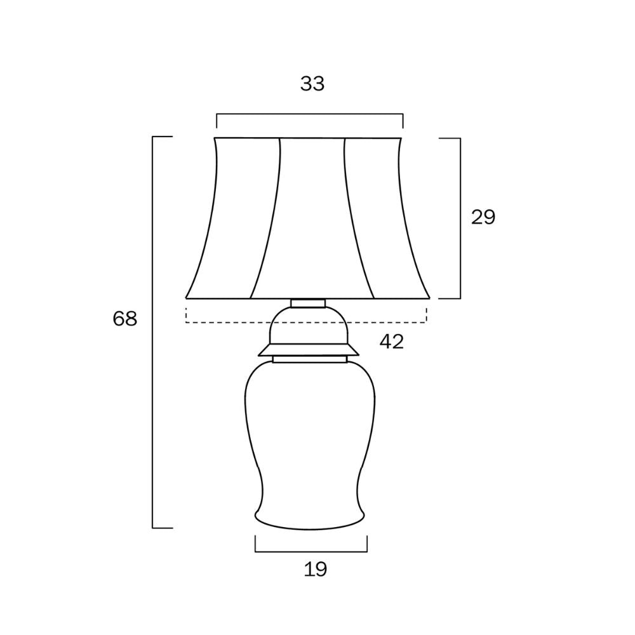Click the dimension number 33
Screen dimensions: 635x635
click(x=312, y=84)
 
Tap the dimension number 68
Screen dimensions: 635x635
click(x=125, y=319)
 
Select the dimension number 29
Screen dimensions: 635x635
click(x=483, y=217)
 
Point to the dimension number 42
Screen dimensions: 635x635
click(x=391, y=342)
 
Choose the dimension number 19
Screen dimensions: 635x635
click(x=316, y=570)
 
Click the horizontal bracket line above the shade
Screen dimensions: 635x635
click(x=310, y=114)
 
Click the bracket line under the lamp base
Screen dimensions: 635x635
click(x=311, y=552)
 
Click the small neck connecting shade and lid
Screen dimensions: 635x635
click(x=309, y=303)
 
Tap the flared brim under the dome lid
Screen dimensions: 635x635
click(x=309, y=351)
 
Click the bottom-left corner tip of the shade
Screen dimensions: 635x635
click(x=187, y=297)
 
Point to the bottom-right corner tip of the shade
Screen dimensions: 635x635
click(x=429, y=297)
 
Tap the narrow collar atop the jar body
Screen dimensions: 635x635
click(x=310, y=359)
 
